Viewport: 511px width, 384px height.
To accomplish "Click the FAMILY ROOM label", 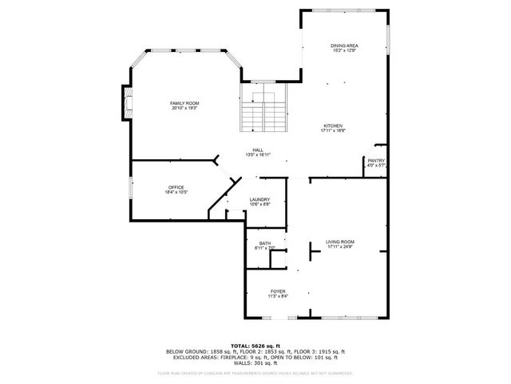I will [x=184, y=103].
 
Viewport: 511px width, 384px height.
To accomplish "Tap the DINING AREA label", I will [x=344, y=46].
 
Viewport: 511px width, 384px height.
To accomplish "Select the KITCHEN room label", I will [x=333, y=126].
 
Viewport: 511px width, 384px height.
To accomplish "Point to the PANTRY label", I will [x=376, y=160].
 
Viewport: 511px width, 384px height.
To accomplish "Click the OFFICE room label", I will [x=176, y=187].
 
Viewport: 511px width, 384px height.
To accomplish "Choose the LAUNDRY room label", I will [x=259, y=199].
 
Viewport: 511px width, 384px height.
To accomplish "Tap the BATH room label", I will [x=264, y=242].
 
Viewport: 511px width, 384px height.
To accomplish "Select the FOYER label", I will [x=278, y=291].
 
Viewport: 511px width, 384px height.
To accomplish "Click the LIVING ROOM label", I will [x=340, y=242].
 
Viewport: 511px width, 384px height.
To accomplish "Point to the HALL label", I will [x=258, y=150].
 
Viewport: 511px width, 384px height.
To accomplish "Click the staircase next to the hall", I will [x=263, y=112].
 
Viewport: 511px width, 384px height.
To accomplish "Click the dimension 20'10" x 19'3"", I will [x=184, y=108].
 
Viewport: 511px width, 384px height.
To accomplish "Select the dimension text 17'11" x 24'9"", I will [x=340, y=246].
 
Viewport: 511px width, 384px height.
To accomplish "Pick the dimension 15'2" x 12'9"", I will [x=344, y=50].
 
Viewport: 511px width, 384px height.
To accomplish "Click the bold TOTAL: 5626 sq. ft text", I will [x=255, y=345].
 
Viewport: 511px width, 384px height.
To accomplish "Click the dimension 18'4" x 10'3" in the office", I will [x=176, y=192].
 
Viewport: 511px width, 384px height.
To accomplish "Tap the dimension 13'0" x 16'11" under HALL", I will [x=258, y=154].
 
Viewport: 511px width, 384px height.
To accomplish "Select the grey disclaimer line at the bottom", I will [x=255, y=373].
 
